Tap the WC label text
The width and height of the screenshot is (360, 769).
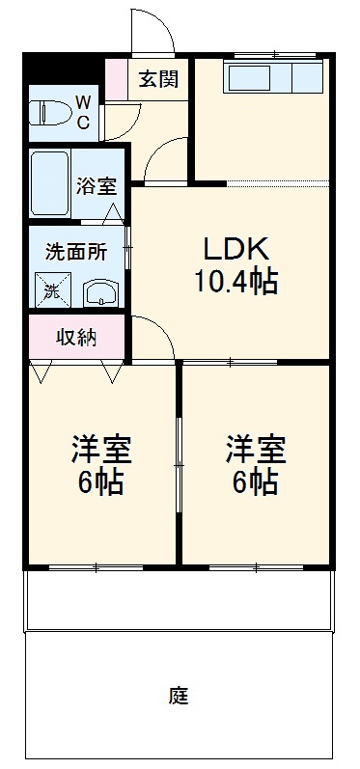click(x=84, y=111)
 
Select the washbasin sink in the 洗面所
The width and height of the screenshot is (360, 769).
click(x=99, y=292)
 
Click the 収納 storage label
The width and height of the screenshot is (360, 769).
click(x=76, y=338)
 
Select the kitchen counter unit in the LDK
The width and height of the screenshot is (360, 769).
click(x=274, y=78)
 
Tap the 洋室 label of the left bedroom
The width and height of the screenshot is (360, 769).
click(x=101, y=449)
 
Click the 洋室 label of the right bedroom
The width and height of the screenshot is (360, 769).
click(x=257, y=449)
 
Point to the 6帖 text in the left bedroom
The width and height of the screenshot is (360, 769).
click(x=101, y=481)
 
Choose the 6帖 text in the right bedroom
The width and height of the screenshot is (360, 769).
click(x=257, y=481)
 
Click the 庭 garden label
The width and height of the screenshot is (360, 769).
click(x=178, y=695)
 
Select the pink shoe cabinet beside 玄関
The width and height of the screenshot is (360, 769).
click(x=115, y=79)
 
